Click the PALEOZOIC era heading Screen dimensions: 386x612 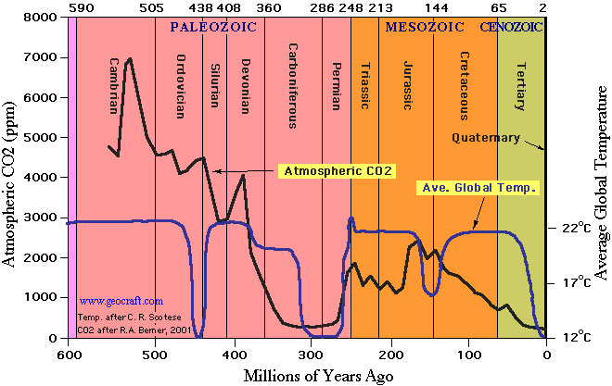click(x=212, y=27)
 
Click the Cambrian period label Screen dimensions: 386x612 click(x=114, y=87)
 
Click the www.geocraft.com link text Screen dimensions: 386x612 click(x=121, y=301)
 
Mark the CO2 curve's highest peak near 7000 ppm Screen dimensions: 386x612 click(x=130, y=58)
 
